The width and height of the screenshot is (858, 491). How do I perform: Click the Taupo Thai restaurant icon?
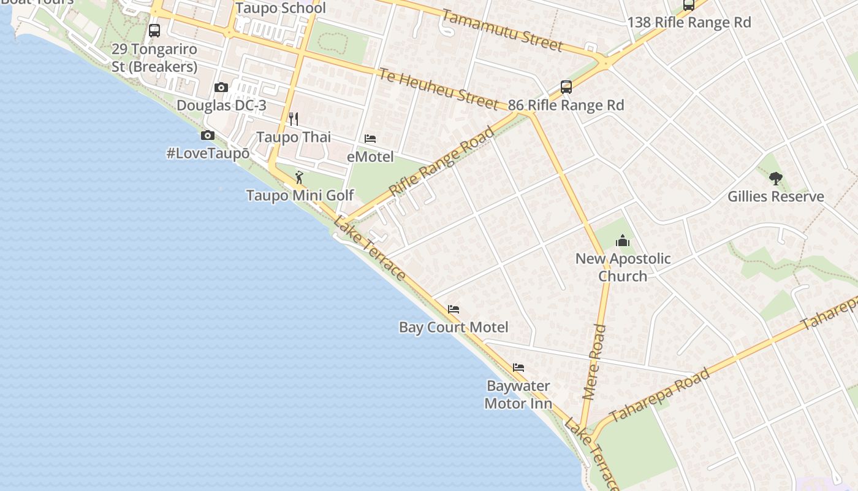pos(294,118)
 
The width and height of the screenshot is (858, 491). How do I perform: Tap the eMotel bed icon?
pos(370,139)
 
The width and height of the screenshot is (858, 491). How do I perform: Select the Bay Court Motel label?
pos(454,327)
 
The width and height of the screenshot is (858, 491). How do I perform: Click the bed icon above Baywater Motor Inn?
pos(518,368)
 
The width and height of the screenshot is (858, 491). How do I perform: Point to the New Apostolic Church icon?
pos(623,241)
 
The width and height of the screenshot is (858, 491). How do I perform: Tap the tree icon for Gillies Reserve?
pos(775,179)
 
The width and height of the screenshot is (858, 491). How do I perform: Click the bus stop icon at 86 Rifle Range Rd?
pos(566,87)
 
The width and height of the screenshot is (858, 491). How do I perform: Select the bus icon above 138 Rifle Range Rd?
pos(689,6)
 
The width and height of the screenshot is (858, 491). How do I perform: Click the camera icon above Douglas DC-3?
pos(221,88)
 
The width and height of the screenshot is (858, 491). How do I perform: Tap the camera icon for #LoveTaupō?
pos(208,136)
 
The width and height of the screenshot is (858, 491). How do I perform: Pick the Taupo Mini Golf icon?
pos(299,177)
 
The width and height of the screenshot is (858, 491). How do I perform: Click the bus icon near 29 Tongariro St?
pos(154,31)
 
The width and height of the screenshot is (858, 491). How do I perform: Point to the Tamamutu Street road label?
pos(501,31)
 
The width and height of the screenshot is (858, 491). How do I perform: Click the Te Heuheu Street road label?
pos(438,89)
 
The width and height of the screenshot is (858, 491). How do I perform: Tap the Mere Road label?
pos(594,362)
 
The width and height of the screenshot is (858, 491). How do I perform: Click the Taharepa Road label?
pos(659,395)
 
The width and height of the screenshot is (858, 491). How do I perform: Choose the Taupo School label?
pos(281,9)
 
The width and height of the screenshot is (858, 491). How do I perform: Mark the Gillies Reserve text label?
pos(775,197)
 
